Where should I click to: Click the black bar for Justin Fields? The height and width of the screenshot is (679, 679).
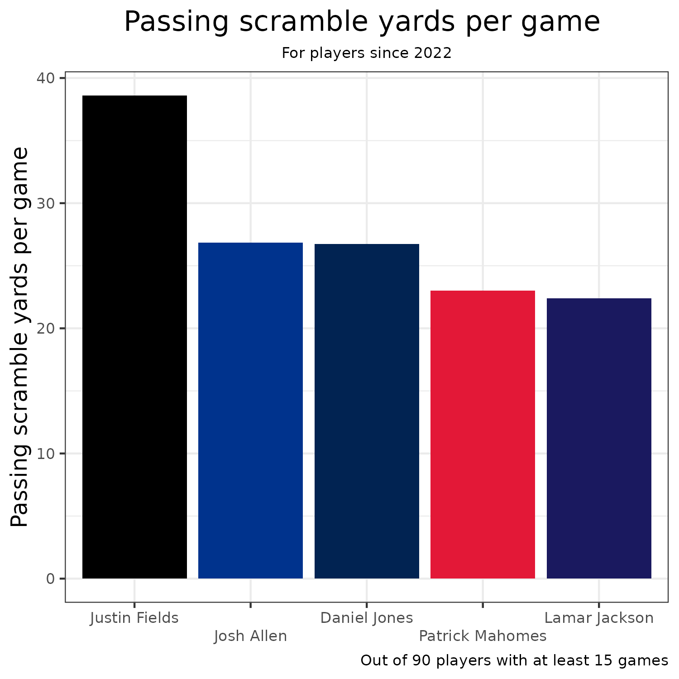click(x=134, y=337)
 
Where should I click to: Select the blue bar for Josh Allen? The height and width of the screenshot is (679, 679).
click(x=250, y=411)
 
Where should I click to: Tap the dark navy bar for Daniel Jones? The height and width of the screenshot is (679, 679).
click(x=367, y=411)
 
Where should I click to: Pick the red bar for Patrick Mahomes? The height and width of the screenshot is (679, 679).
click(x=483, y=435)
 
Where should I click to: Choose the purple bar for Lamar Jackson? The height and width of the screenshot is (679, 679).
click(x=599, y=438)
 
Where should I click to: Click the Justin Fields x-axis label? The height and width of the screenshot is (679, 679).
click(x=134, y=618)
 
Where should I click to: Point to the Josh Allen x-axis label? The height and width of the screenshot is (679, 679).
click(x=250, y=636)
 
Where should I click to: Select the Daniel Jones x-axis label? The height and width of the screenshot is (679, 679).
click(x=367, y=618)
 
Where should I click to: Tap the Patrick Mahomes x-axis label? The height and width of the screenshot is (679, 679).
click(x=483, y=636)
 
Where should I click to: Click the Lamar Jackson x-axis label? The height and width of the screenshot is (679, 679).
click(x=599, y=618)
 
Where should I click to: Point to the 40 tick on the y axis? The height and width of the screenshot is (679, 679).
click(x=46, y=78)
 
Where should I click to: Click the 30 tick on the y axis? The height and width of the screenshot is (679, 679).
click(x=46, y=203)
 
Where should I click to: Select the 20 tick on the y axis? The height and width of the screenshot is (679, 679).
click(x=46, y=329)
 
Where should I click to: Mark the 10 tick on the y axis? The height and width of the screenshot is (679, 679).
click(x=46, y=454)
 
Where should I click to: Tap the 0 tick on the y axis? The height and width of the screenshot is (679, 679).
click(x=50, y=579)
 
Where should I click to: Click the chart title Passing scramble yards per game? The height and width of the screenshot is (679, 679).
click(x=362, y=22)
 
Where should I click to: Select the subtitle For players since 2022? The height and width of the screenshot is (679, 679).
click(x=367, y=53)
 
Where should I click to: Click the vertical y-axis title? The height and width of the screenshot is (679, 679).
click(x=20, y=337)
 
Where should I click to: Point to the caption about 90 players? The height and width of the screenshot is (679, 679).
click(x=514, y=660)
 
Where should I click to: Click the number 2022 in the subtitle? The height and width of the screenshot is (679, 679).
click(x=433, y=53)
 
